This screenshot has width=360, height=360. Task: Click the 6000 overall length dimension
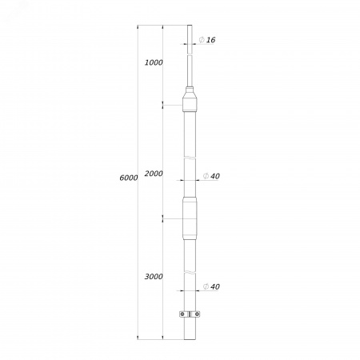[129, 178]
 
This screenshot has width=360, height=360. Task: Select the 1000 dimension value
[154, 62]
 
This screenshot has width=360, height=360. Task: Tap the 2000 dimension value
[154, 174]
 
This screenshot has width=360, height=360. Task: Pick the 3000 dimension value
[154, 277]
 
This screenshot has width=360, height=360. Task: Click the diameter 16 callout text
[207, 40]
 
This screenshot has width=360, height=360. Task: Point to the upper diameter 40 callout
[211, 176]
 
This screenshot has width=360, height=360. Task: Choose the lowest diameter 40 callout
[211, 286]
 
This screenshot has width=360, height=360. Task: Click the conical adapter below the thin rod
[190, 99]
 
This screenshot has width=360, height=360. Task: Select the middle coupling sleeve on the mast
[190, 218]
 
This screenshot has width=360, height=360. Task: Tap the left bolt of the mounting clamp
[182, 314]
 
